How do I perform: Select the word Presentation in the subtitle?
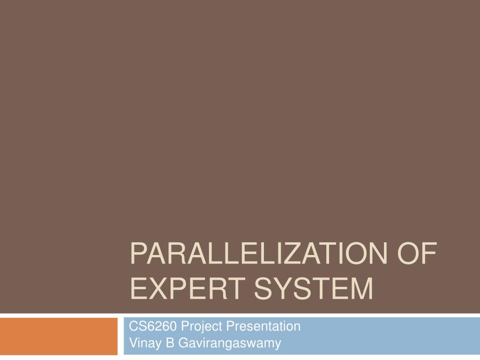click(x=263, y=326)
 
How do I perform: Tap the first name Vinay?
click(x=142, y=343)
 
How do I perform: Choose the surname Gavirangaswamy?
click(x=228, y=343)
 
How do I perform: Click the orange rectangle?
click(x=59, y=336)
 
